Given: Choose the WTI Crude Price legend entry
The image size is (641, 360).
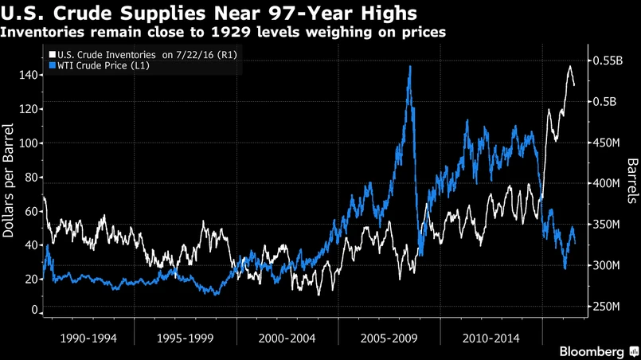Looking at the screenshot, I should [100, 65].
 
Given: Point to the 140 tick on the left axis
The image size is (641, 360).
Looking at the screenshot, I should [29, 75].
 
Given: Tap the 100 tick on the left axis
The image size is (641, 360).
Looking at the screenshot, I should [29, 143].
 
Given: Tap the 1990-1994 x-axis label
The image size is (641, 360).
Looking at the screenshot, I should [88, 338].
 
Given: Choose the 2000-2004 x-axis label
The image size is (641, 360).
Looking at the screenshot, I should [287, 338].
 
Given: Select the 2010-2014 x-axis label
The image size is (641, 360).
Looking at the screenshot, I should [491, 338].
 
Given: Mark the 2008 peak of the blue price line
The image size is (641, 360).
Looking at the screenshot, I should [410, 67].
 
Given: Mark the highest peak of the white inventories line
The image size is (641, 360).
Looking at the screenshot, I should [570, 66].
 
